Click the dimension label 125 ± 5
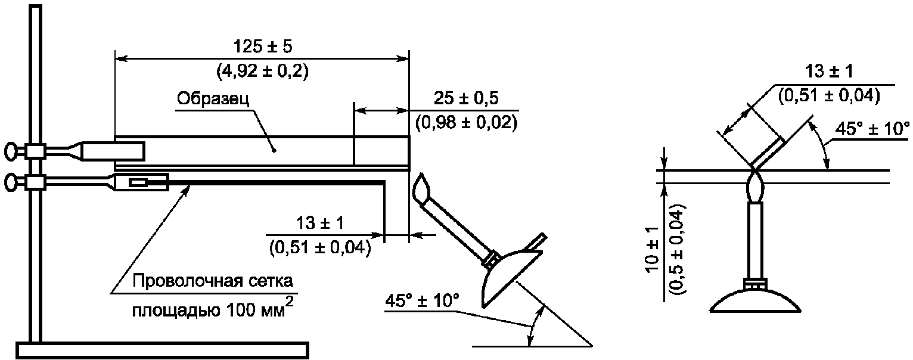[x=262, y=46]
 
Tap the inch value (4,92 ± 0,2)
[x=262, y=72]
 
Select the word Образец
[x=213, y=99]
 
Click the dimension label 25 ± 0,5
[x=466, y=99]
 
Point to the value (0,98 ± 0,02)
[x=466, y=123]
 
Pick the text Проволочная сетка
[x=212, y=281]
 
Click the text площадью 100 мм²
[x=212, y=309]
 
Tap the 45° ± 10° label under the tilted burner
[x=422, y=301]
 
